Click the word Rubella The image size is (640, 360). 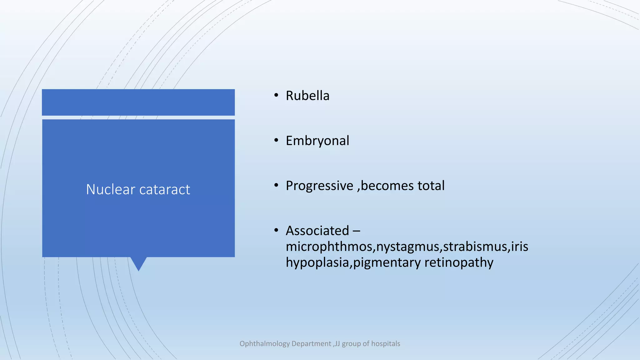[307, 96]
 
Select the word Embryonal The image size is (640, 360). [317, 141]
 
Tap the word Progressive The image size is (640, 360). [319, 186]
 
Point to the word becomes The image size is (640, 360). [387, 186]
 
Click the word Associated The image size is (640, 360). [317, 231]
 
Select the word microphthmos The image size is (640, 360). [329, 247]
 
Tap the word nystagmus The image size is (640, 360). [408, 247]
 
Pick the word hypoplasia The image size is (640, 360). [317, 263]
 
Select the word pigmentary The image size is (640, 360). [387, 263]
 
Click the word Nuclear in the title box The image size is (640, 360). [110, 189]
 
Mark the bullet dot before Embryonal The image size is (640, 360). [276, 141]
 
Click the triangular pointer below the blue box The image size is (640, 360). [138, 263]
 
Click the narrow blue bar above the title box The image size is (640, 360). [138, 102]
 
